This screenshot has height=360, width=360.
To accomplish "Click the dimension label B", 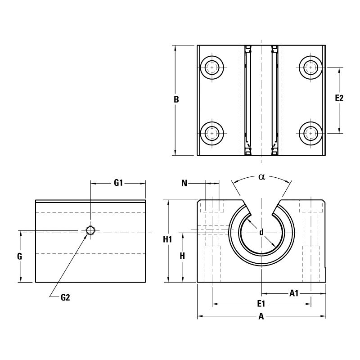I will [x=176, y=99].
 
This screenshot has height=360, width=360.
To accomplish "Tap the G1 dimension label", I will [x=118, y=183].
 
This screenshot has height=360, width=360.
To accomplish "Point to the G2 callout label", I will [x=65, y=297].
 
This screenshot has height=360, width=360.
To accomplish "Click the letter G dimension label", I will [x=19, y=256].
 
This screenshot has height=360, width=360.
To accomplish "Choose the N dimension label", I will [x=184, y=183].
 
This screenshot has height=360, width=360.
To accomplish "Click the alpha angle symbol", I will [x=261, y=177].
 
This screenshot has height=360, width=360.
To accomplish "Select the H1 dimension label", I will [x=167, y=240].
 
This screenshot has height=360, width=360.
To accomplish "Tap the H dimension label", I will [x=182, y=256].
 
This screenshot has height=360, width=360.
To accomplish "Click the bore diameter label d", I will [x=261, y=232].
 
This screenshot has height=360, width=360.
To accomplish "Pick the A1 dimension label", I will [x=294, y=293].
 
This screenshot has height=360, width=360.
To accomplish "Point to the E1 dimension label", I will [x=261, y=304].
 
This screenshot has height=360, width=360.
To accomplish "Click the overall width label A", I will [x=261, y=316].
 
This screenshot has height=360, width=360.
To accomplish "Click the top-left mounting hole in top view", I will [x=211, y=68].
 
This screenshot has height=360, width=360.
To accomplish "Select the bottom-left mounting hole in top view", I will [x=211, y=133].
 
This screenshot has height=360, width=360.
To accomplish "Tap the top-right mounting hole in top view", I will [x=310, y=68].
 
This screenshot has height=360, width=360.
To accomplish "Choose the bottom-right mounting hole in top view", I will [x=310, y=133].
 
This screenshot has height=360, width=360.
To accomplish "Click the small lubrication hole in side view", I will [x=90, y=230].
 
